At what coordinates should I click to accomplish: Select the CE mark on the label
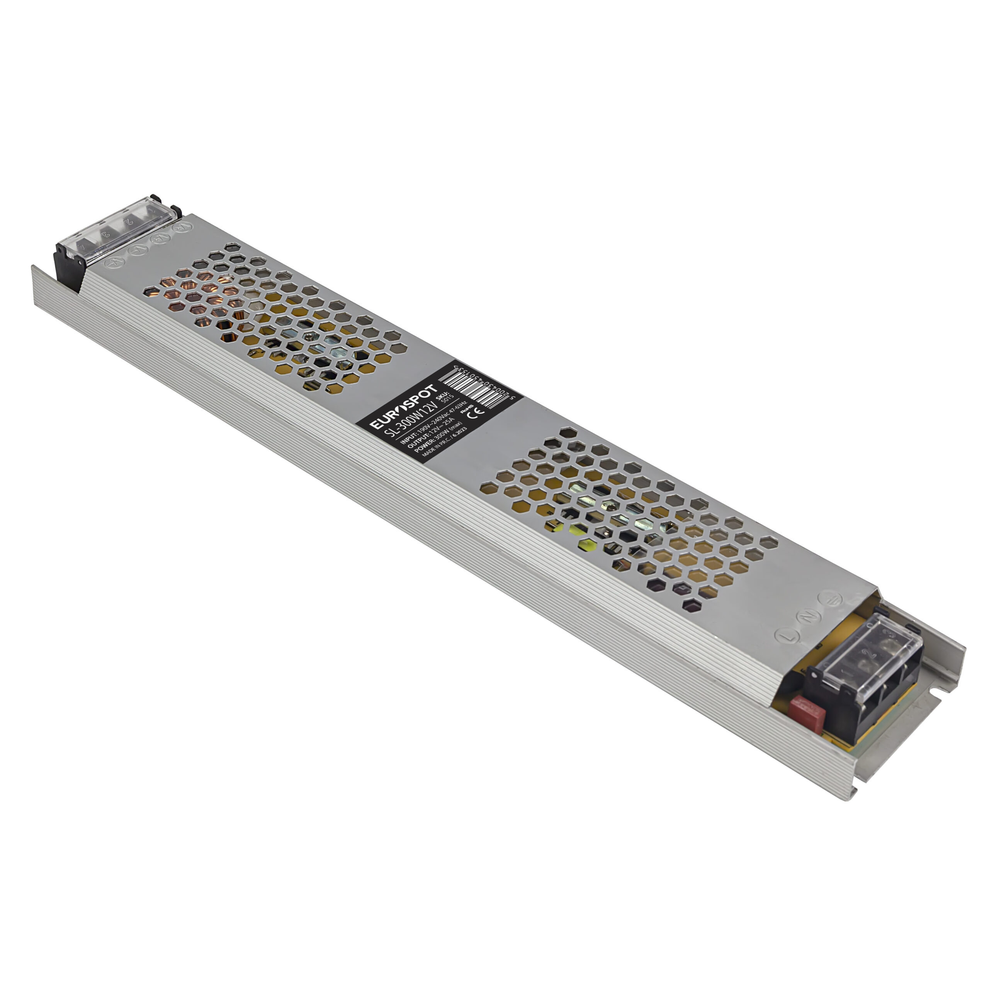pyautogui.click(x=476, y=414)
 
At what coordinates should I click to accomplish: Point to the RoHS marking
pyautogui.click(x=467, y=409)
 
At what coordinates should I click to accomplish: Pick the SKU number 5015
pyautogui.click(x=448, y=399)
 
